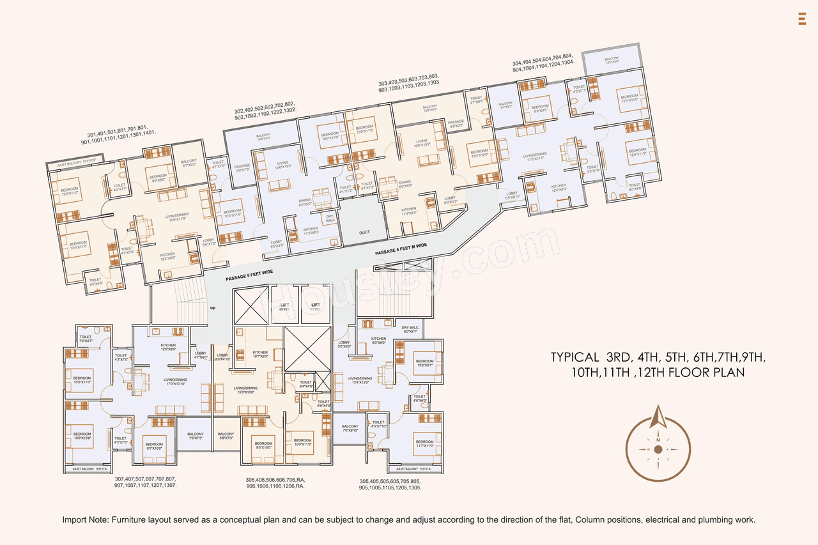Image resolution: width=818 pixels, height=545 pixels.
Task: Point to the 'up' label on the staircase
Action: [x=212, y=307]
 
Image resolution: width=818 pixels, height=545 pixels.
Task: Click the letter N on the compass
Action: [x=658, y=440]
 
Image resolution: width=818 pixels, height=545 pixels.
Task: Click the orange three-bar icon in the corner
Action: [x=801, y=19]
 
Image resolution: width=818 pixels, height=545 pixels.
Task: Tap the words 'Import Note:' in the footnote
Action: [x=85, y=520]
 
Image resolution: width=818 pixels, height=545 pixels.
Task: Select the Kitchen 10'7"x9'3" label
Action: [x=260, y=355]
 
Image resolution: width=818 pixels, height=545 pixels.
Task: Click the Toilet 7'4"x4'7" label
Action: [x=86, y=339]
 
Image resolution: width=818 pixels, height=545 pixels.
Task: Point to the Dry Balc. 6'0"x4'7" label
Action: [x=410, y=330]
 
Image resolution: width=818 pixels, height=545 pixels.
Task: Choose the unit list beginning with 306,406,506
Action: [x=275, y=482]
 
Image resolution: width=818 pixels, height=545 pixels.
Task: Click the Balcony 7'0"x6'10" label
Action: [x=350, y=429]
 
